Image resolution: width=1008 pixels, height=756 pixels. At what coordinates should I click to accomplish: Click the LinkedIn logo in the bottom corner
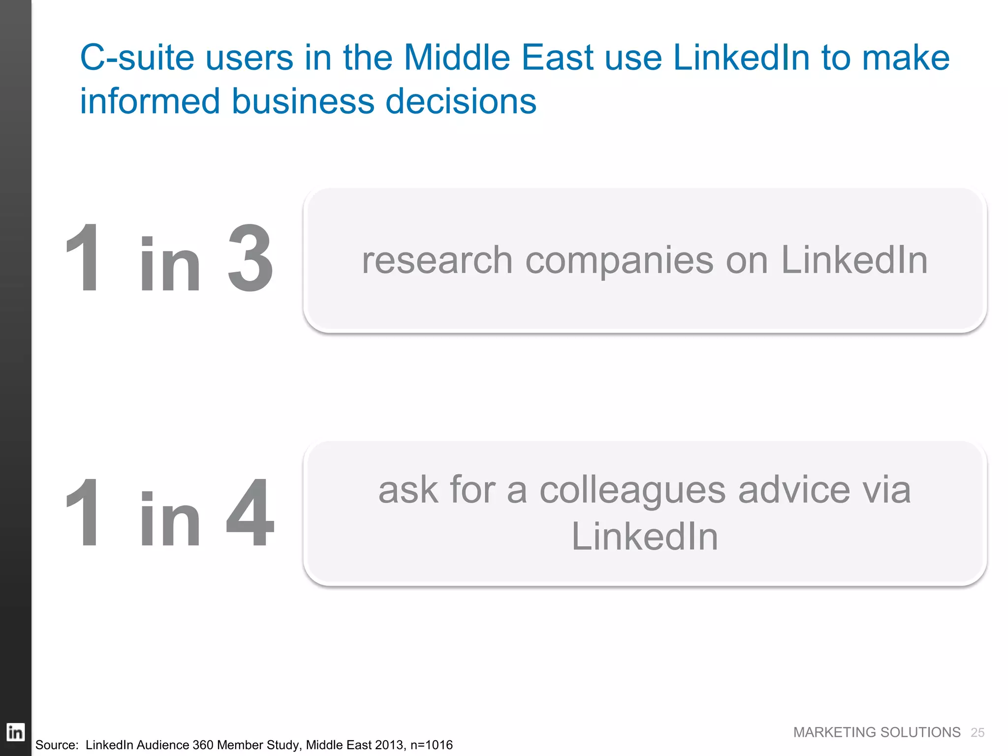click(x=15, y=732)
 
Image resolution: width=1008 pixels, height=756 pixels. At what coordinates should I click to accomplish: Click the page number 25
click(x=977, y=733)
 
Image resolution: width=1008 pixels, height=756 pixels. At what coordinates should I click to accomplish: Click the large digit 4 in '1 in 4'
click(x=250, y=513)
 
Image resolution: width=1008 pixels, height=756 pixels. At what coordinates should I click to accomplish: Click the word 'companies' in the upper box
click(x=620, y=261)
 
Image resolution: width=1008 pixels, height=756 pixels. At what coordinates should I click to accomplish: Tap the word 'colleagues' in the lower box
click(x=632, y=491)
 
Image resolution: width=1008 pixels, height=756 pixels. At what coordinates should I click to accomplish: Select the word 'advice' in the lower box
click(x=794, y=490)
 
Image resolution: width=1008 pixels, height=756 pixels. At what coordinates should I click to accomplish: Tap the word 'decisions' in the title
click(x=461, y=101)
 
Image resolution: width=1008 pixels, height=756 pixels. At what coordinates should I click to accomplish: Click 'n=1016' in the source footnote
click(x=431, y=745)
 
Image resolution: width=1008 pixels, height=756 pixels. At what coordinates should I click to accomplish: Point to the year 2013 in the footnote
click(x=389, y=745)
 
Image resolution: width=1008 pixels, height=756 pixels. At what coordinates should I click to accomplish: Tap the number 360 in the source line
click(x=203, y=745)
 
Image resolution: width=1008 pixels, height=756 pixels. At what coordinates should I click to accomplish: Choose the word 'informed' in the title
click(x=150, y=101)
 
